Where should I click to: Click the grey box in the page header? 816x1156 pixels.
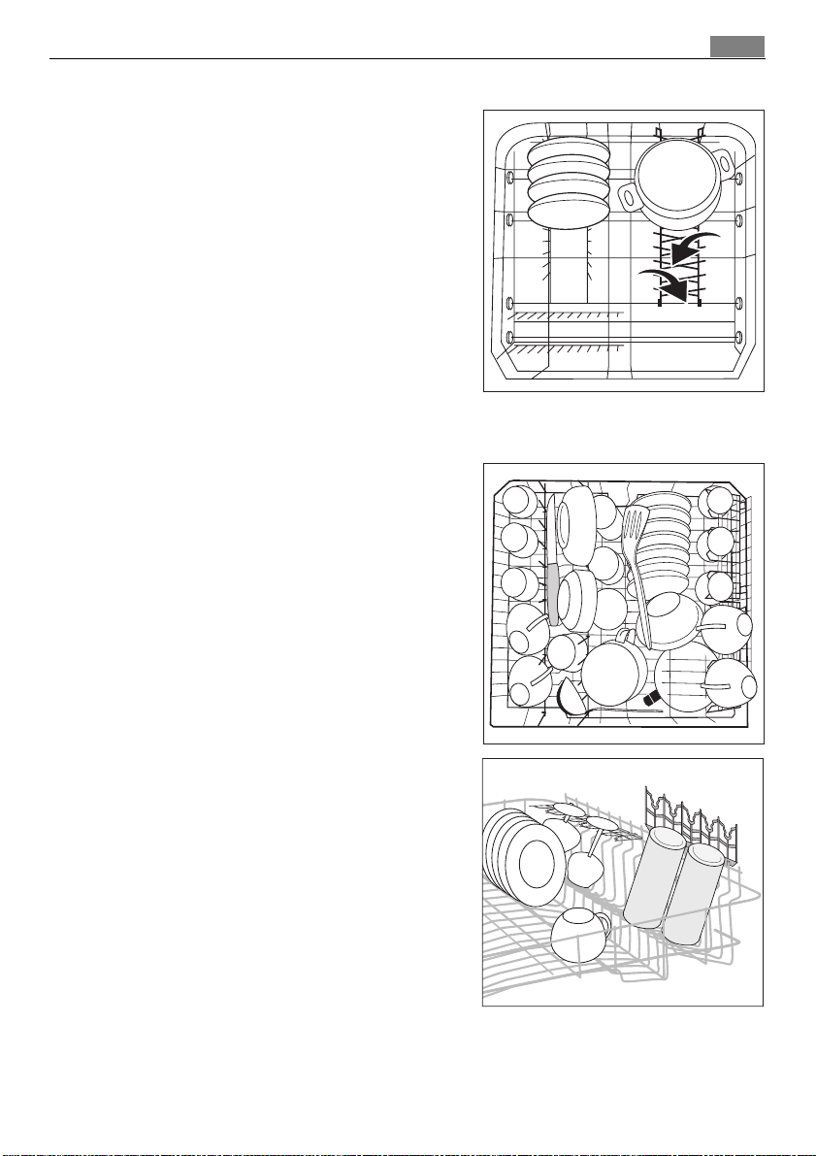coord(736,47)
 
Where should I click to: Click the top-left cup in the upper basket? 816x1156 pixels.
coord(518,501)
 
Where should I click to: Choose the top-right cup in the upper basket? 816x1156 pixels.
coord(719,501)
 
